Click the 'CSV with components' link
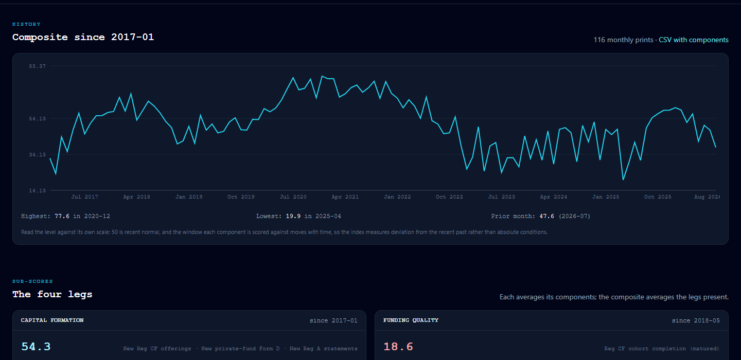tap(693, 40)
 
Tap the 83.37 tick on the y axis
tap(38, 66)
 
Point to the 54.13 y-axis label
tap(38, 119)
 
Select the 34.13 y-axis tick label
tap(38, 155)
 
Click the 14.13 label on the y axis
tap(38, 191)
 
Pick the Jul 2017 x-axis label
tap(85, 196)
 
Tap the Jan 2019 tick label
tap(189, 196)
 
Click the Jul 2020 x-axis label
tap(293, 196)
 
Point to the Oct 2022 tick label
tap(449, 196)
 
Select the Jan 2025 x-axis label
tap(606, 196)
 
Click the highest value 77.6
tap(62, 216)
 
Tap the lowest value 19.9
tap(293, 216)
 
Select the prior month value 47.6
tap(547, 216)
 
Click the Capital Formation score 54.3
tap(36, 347)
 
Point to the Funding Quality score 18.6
tap(398, 347)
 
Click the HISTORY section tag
tap(26, 24)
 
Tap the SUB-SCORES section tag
tap(32, 281)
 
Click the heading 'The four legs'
tap(52, 294)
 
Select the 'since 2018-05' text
tap(696, 320)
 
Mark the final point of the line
tap(715, 147)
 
